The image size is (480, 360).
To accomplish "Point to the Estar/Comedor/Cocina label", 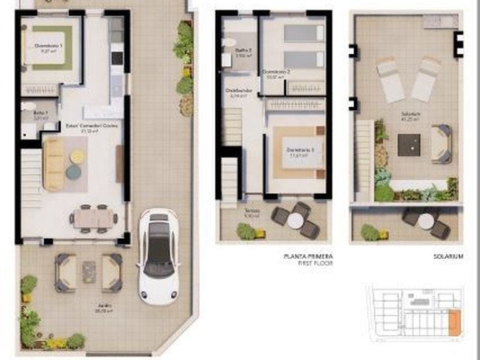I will tap(91, 127).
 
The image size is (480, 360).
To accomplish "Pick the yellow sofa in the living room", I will tap(53, 164).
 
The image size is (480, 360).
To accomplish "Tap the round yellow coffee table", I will tap(77, 156).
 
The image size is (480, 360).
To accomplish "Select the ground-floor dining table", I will tap(94, 218).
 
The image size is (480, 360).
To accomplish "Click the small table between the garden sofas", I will tap(89, 271).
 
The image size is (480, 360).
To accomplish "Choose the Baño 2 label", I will tap(243, 53).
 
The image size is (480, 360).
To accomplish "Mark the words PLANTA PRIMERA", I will tap(308, 256).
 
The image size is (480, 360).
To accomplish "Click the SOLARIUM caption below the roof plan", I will tap(448, 256).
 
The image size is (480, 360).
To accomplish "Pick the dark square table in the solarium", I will tap(409, 145).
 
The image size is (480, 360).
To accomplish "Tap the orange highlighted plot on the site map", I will tap(454, 322).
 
